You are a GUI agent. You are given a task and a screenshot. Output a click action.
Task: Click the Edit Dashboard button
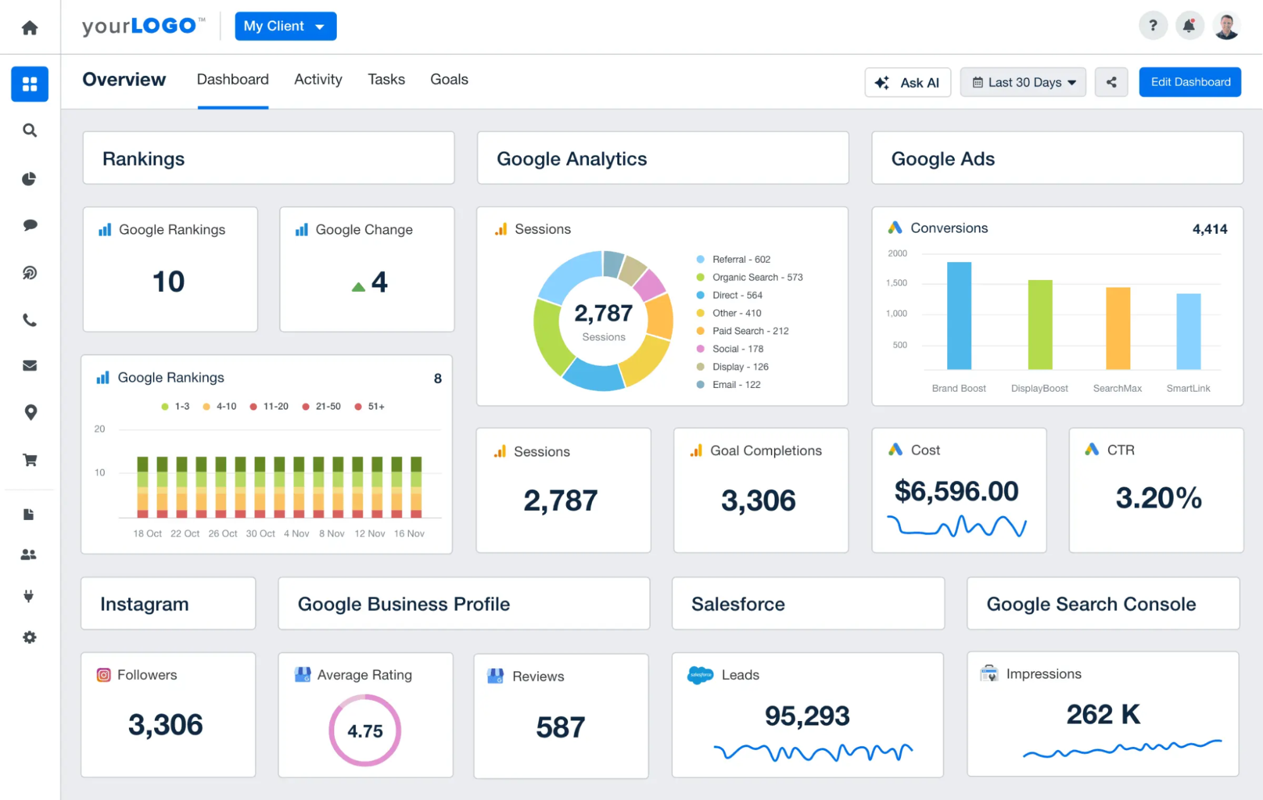[1190, 82]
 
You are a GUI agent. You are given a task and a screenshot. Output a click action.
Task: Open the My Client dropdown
[285, 27]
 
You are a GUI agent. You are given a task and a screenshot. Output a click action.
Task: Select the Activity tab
[318, 80]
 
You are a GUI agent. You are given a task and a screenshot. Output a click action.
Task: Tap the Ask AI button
[907, 83]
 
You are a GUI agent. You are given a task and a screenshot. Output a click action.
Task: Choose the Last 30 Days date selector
[1022, 83]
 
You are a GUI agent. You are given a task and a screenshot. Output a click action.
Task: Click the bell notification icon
[1188, 26]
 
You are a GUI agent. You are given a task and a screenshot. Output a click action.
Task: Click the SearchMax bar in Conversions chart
[1117, 328]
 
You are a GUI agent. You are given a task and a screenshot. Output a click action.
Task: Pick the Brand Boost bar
[958, 315]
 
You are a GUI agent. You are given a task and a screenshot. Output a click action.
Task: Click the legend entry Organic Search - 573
[756, 277]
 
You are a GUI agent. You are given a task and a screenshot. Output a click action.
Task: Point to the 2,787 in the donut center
[603, 313]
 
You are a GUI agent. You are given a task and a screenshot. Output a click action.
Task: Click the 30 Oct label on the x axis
[260, 534]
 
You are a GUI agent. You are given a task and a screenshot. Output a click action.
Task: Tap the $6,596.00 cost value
[956, 491]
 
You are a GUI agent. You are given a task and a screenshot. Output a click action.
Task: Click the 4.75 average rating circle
[365, 730]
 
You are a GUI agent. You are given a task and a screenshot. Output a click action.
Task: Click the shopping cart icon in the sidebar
[30, 460]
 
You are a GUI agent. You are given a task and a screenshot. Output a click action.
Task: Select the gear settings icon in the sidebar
[30, 637]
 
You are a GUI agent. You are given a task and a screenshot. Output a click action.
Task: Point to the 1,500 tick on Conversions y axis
[896, 283]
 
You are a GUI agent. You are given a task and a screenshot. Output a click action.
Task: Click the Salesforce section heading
[737, 604]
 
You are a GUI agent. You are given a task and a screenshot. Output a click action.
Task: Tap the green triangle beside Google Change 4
[358, 287]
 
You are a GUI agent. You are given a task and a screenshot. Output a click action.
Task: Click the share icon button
[1111, 83]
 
